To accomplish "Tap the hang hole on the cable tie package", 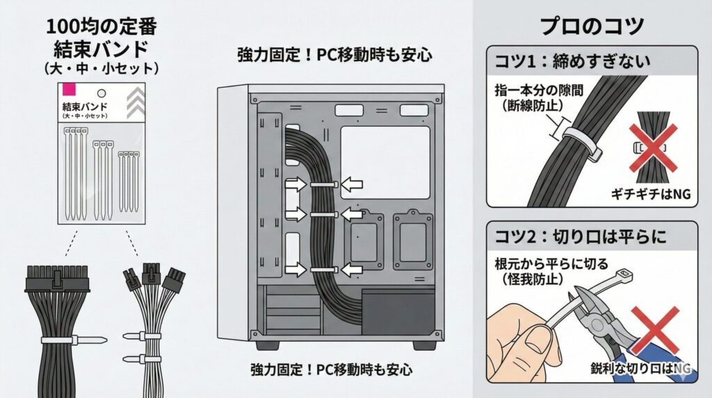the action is (x=102, y=93).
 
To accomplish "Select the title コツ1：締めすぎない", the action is (x=572, y=61).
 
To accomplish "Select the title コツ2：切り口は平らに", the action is (x=581, y=237).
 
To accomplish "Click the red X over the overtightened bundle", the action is (x=653, y=148).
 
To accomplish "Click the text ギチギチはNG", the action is (x=651, y=194).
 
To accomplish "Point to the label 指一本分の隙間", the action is (x=539, y=90).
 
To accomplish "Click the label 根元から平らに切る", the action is (x=551, y=264).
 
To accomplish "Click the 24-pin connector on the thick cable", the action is (x=57, y=278).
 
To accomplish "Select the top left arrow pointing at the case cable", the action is (x=296, y=184).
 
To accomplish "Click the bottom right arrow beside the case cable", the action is (x=351, y=269).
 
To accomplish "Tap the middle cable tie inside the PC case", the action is (x=324, y=214).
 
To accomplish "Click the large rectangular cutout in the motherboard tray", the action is (x=385, y=162).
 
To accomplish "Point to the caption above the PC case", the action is (x=334, y=55).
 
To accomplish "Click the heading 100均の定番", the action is (x=102, y=27).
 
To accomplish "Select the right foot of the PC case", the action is (x=424, y=346).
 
